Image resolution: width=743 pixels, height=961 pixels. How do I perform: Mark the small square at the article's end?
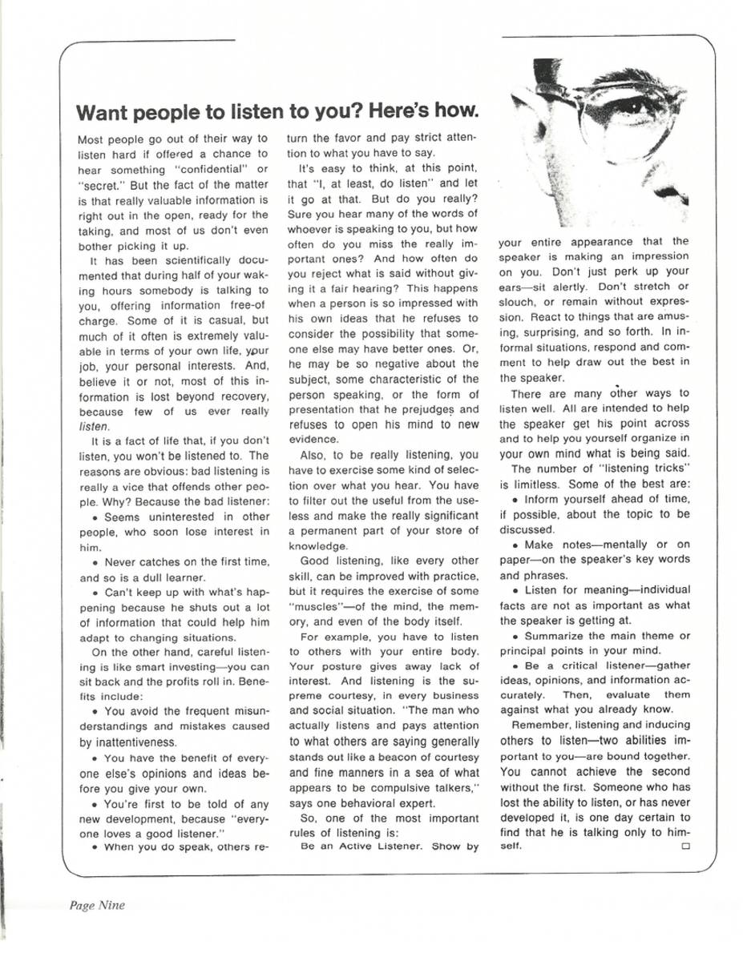[686, 846]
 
